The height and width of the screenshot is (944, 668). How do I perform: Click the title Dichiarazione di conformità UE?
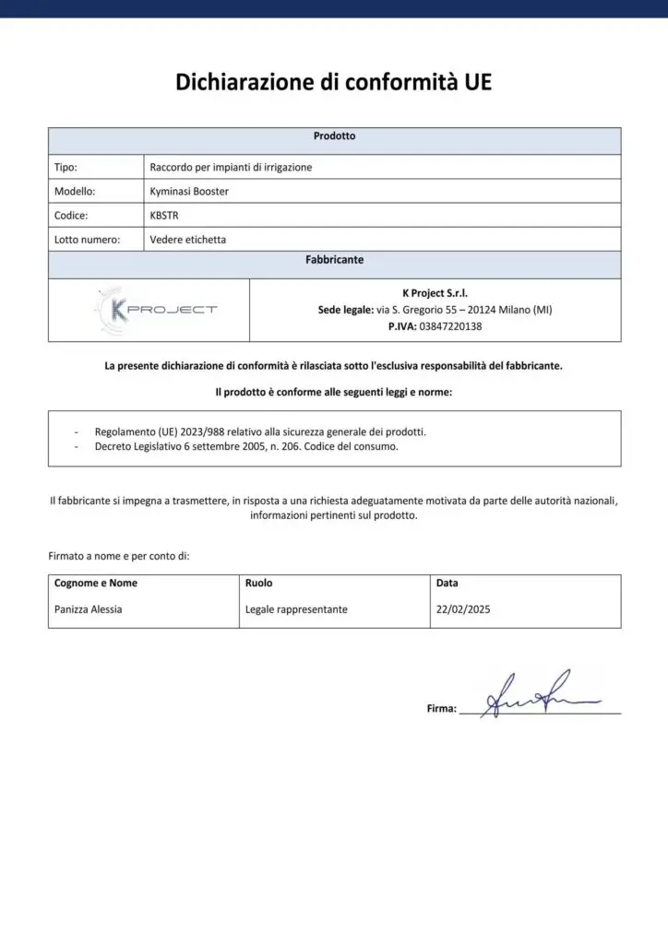(x=334, y=83)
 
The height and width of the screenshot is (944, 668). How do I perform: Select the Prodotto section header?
(x=334, y=136)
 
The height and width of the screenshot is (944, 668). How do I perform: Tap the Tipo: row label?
(x=66, y=168)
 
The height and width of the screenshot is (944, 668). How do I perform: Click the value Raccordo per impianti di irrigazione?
(x=231, y=168)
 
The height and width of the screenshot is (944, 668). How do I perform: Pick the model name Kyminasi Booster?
(x=189, y=192)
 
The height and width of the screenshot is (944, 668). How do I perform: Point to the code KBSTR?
(x=163, y=216)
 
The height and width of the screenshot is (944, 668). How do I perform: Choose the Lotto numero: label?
(x=87, y=240)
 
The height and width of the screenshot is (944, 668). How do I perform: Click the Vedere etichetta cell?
(x=188, y=240)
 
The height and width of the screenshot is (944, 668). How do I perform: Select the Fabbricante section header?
(x=334, y=261)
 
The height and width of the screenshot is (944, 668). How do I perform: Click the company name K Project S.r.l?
(x=435, y=293)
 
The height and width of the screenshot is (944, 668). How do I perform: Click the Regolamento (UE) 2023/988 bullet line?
(x=260, y=431)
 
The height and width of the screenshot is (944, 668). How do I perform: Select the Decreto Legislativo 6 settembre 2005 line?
(x=246, y=447)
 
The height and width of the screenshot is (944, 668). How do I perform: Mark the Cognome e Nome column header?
(x=96, y=584)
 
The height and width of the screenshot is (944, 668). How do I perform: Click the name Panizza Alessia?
(x=89, y=609)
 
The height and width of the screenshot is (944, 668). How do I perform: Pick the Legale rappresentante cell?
(x=296, y=609)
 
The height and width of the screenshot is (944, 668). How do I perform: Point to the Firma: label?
(x=441, y=709)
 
